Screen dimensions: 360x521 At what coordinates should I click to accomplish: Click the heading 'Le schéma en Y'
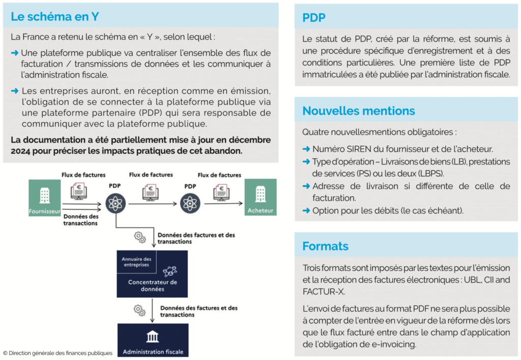(x=54, y=16)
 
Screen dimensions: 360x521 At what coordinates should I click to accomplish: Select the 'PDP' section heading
(x=313, y=18)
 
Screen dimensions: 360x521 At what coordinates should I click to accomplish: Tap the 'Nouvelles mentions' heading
(x=358, y=110)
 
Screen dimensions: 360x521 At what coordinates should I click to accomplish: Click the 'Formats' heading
(x=325, y=246)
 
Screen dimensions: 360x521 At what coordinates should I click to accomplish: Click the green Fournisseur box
(x=45, y=198)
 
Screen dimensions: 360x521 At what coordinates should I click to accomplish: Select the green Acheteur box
(x=260, y=197)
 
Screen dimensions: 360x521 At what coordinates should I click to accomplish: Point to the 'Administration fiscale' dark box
(x=153, y=341)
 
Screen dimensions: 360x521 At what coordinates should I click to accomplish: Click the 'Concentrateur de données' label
(x=153, y=285)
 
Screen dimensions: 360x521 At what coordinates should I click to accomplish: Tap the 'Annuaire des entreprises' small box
(x=136, y=262)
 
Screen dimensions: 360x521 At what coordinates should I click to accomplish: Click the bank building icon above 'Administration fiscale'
(x=153, y=337)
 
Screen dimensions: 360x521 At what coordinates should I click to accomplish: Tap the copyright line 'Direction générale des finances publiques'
(x=57, y=353)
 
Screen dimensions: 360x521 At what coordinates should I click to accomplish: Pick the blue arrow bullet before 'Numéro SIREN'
(x=306, y=149)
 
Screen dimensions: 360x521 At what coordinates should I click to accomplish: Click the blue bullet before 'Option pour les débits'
(x=306, y=210)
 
